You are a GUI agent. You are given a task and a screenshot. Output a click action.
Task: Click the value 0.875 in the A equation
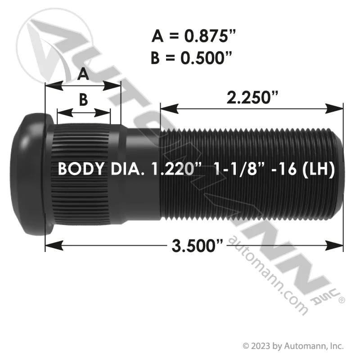pyautogui.click(x=210, y=36)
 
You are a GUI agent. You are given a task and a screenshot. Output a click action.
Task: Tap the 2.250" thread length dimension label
pyautogui.click(x=252, y=97)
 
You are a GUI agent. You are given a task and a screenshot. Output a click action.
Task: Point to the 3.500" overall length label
pyautogui.click(x=197, y=246)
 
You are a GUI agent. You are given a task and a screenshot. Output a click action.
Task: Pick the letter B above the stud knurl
pyautogui.click(x=83, y=100)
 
